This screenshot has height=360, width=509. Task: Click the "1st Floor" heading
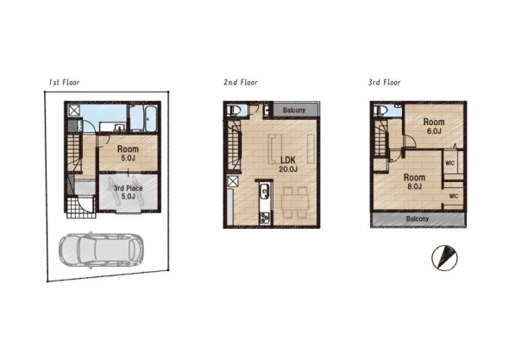(x=65, y=82)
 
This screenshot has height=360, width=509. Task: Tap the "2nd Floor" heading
(x=241, y=82)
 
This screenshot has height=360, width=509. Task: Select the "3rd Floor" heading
(x=385, y=82)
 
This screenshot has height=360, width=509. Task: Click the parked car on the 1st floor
(x=101, y=249)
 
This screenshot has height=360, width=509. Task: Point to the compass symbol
(x=444, y=258)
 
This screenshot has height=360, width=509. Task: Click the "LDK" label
(x=288, y=160)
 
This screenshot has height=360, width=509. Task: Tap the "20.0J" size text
(x=288, y=169)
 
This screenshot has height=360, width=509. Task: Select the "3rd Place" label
(x=128, y=188)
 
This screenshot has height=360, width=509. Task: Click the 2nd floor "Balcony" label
(x=294, y=111)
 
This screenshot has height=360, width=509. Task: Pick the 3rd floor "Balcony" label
(x=418, y=218)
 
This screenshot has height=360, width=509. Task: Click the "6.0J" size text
(x=434, y=131)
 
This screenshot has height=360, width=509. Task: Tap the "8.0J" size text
(x=415, y=186)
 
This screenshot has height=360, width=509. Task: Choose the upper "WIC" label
(x=449, y=163)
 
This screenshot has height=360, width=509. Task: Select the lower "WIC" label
(x=454, y=196)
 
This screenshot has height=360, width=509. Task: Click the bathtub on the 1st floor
(x=151, y=118)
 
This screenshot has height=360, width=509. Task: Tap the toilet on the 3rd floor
(x=380, y=111)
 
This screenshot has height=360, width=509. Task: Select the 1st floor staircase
(x=74, y=152)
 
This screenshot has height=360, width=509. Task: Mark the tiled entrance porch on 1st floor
(x=81, y=206)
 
